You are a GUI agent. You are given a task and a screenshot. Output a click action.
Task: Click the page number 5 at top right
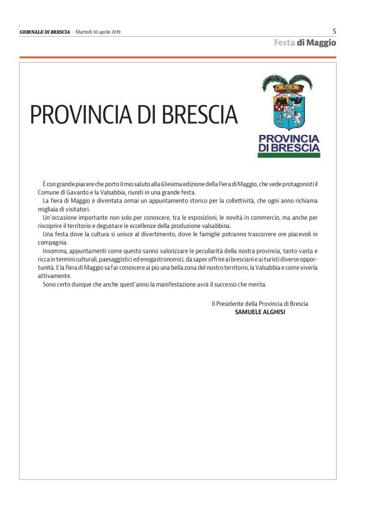pos(334,30)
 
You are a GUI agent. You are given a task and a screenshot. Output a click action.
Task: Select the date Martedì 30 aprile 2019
pos(98,32)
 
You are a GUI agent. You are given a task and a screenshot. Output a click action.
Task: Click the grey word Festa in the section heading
pos(285,43)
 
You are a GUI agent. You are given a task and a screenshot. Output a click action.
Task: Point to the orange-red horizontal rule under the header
pos(177,58)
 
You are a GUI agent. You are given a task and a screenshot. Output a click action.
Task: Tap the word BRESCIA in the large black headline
pos(201,115)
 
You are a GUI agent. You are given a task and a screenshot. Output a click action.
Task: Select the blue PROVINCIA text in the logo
pos(289,138)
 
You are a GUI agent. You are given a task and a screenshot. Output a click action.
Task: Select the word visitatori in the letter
pos(77,209)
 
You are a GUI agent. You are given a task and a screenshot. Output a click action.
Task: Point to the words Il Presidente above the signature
pos(230,304)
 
